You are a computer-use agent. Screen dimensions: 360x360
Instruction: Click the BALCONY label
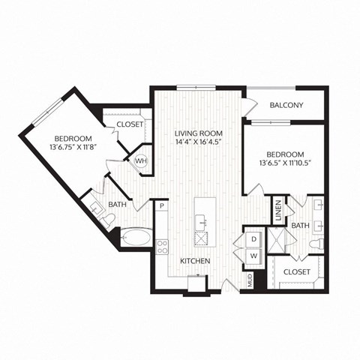[x=286, y=105]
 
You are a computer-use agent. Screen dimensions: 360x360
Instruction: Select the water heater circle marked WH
[x=140, y=160]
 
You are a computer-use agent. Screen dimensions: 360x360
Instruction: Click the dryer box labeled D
[x=253, y=238]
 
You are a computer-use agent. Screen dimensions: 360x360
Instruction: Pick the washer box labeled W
[x=253, y=256]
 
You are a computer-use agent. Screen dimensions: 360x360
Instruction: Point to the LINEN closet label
[x=277, y=211]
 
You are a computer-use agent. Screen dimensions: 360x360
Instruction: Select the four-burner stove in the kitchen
[x=161, y=247]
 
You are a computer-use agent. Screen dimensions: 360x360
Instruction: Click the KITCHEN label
[x=194, y=261]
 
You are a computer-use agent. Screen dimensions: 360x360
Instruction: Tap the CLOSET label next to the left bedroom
[x=129, y=124]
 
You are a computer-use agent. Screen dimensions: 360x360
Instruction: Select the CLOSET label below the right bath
[x=298, y=272]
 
